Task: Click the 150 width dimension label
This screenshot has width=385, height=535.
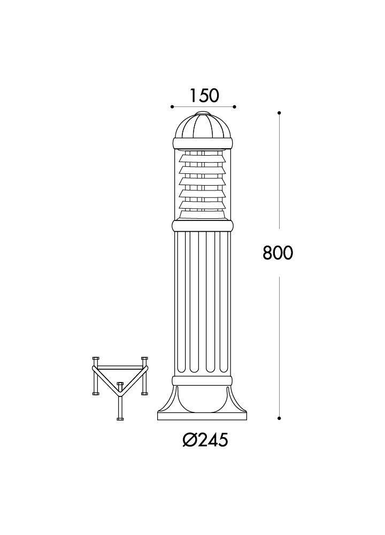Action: pos(204,96)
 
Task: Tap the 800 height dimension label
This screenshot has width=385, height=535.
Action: pos(278,253)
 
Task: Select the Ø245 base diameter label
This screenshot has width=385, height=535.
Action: pos(205,440)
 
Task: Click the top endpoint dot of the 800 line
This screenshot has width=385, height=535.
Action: pos(279,112)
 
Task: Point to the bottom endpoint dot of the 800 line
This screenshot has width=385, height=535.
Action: pos(279,418)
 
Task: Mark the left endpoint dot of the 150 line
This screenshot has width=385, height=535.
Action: pos(172,107)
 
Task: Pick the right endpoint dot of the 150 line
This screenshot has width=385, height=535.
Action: pos(235,107)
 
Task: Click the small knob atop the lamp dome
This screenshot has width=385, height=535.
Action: pos(203,113)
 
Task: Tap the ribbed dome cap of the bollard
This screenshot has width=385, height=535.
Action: pos(203,126)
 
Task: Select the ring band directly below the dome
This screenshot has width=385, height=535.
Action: pos(203,143)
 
